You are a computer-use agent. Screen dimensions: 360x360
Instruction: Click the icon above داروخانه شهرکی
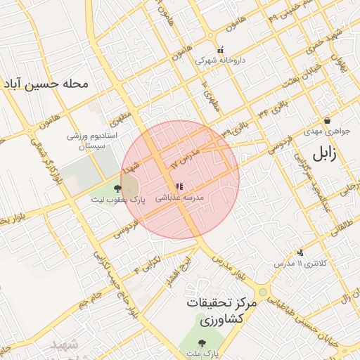pos(221,51)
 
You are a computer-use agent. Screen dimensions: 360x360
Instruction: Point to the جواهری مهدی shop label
pos(327,131)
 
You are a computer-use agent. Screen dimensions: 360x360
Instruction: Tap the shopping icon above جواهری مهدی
pos(327,121)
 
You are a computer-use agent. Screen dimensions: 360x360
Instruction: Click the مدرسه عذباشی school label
pos(179,199)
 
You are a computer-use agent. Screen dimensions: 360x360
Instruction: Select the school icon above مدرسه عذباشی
pos(179,186)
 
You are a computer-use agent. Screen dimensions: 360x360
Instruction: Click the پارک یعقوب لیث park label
pos(117,200)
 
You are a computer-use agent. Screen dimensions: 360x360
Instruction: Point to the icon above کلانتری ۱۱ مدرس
pos(300,252)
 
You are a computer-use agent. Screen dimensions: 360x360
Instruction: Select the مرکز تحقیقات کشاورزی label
pos(222,311)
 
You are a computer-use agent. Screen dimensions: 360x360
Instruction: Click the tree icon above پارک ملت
pos(202,344)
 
